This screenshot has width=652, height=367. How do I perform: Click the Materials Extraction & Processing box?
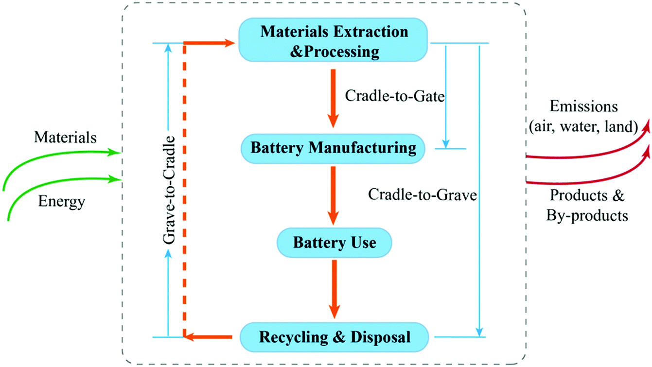click(334, 42)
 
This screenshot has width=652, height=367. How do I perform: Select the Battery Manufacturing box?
click(334, 148)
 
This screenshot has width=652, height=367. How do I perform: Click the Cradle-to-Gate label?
click(395, 95)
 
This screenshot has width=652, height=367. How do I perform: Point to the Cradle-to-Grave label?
click(422, 194)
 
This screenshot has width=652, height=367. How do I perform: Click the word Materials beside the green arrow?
click(65, 138)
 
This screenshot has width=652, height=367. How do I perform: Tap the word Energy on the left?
click(61, 201)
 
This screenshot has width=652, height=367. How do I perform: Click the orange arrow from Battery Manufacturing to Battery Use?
click(333, 194)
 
